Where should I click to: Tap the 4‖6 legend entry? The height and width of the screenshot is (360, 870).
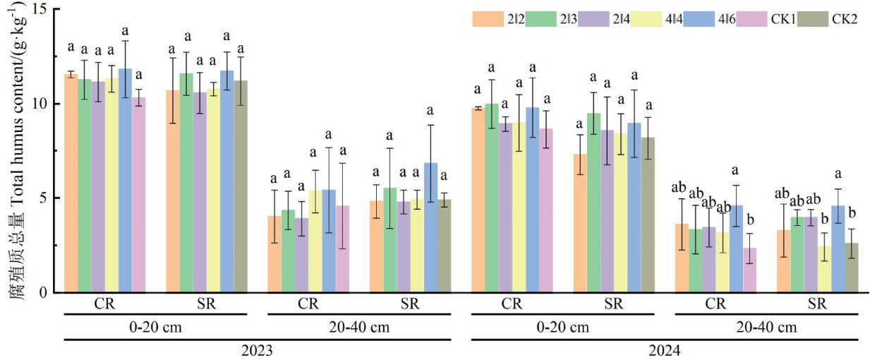coord(715,19)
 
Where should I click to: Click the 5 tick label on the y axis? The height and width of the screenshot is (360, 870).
coord(45,198)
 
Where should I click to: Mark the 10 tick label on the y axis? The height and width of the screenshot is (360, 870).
coord(42,104)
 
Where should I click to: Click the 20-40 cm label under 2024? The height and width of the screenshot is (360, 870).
coord(767,328)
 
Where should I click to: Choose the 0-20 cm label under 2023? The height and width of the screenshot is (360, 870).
coord(155,328)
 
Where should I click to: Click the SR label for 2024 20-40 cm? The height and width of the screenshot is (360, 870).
coord(818,305)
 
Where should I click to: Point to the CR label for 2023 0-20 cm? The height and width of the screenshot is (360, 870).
coord(104,305)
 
